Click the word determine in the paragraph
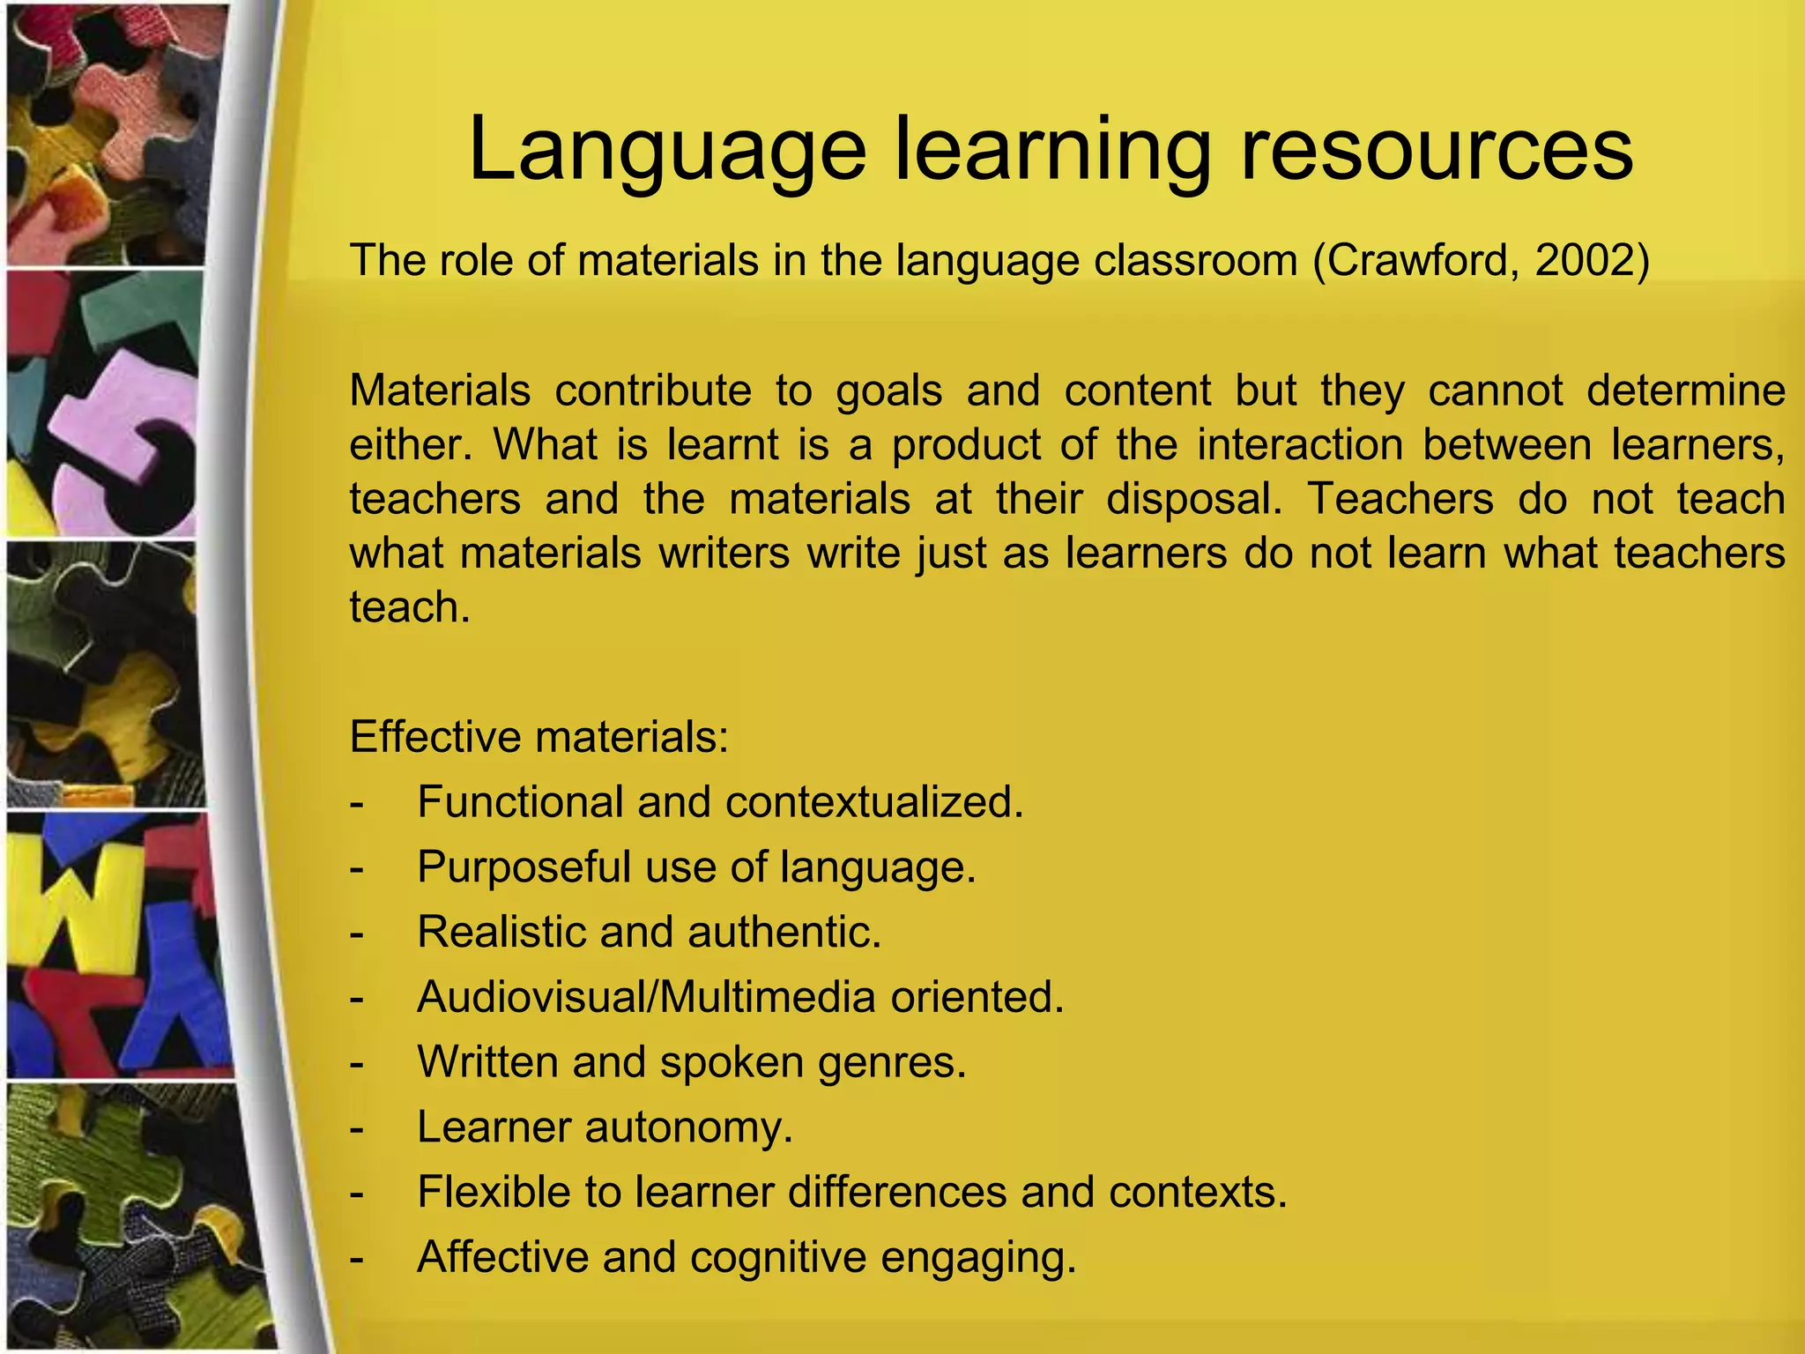click(1685, 391)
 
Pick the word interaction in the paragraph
click(1299, 444)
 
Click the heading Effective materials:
click(539, 736)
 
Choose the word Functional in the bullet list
click(520, 802)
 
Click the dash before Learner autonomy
click(357, 1127)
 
